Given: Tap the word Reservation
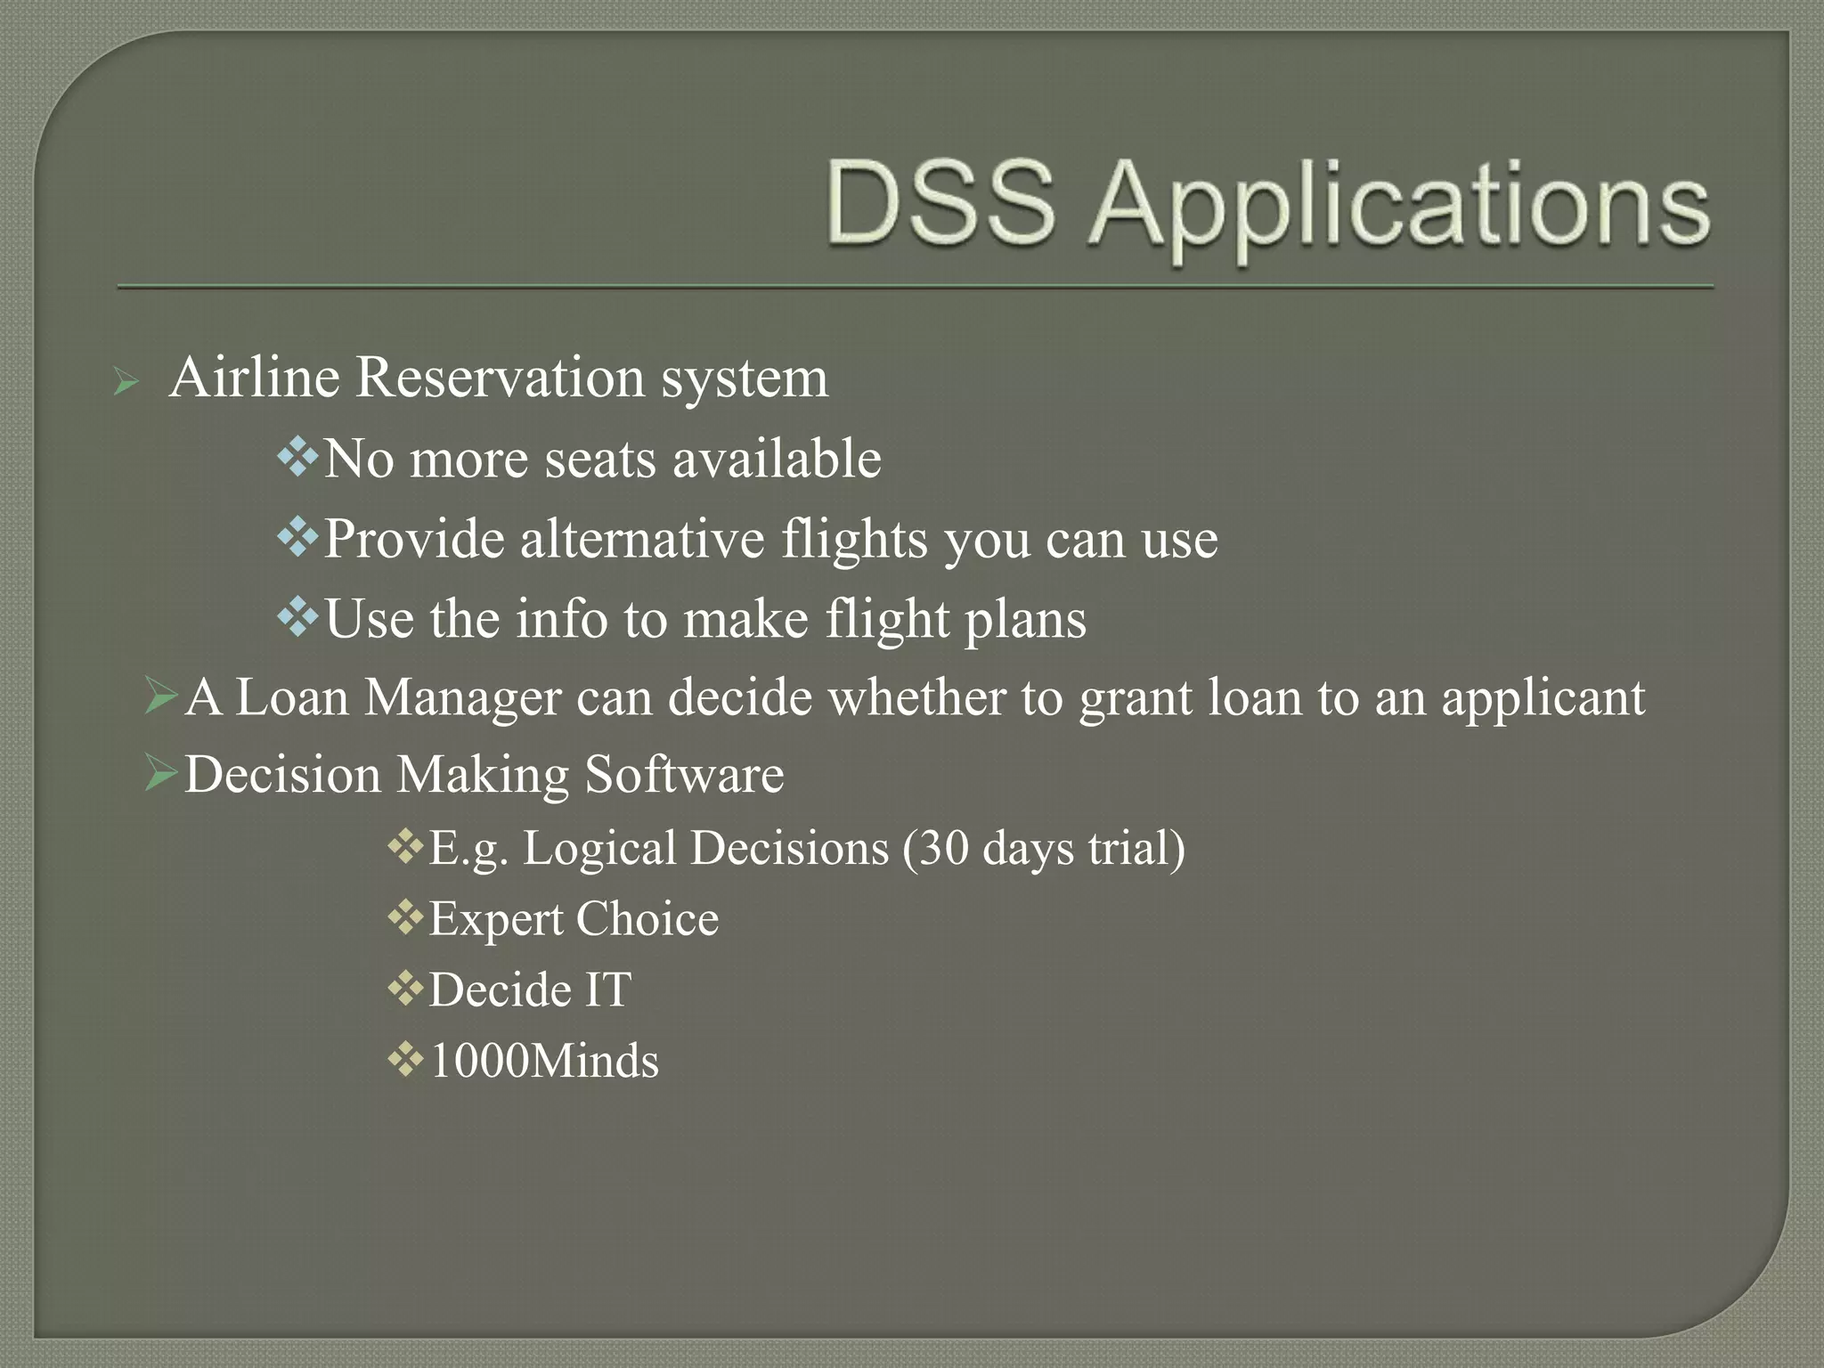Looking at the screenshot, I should coord(499,378).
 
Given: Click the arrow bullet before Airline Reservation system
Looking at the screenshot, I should coord(126,384).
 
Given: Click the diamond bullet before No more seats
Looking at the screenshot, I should coord(297,458).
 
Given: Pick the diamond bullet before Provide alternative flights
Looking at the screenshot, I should coord(297,537).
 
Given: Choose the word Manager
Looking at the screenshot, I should coord(462,697).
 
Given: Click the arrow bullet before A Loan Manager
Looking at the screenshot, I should coord(161,695).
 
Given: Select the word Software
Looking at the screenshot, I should coord(683,774).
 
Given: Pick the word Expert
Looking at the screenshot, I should coord(496,920).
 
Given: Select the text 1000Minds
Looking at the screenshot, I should coord(544,1061).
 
